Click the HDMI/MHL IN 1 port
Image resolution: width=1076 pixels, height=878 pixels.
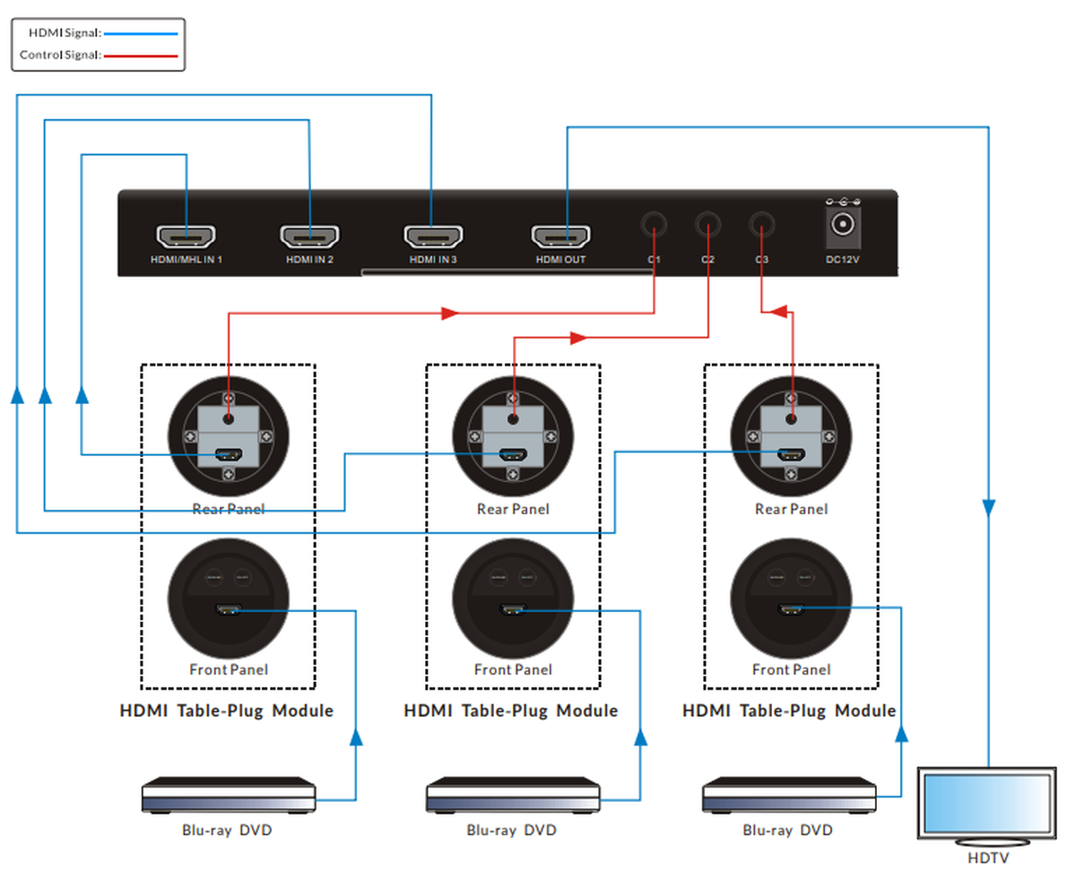click(x=187, y=237)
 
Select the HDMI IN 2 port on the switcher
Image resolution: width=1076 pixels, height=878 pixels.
click(x=309, y=237)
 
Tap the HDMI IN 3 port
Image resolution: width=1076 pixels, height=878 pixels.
click(x=432, y=237)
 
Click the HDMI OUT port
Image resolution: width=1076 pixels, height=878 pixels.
click(x=561, y=237)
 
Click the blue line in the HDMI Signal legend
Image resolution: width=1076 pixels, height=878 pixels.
click(x=142, y=33)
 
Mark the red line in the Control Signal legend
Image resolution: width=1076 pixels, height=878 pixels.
click(x=142, y=56)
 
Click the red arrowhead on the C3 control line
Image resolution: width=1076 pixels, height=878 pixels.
click(x=779, y=312)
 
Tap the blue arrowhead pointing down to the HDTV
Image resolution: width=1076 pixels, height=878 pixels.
click(x=988, y=508)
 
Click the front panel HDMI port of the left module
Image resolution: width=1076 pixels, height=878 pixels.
click(x=228, y=611)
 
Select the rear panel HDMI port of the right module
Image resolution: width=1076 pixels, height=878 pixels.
click(x=790, y=454)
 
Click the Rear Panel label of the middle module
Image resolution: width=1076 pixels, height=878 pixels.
click(x=512, y=509)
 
